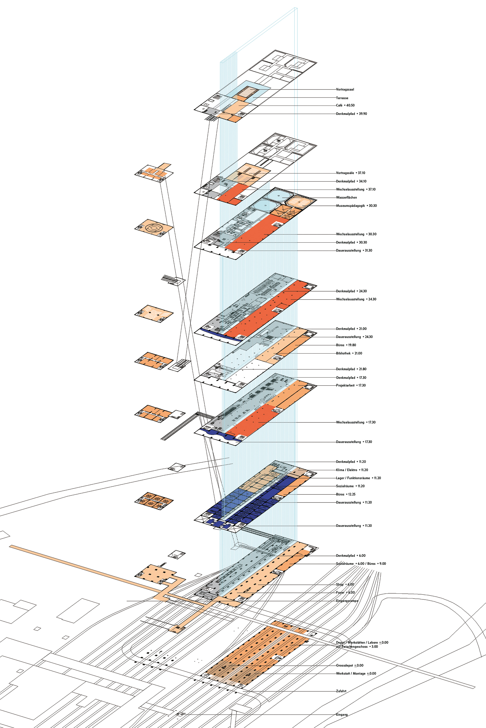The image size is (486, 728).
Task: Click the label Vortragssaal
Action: click(345, 89)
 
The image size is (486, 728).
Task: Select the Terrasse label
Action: click(342, 98)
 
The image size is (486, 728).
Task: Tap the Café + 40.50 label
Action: click(345, 105)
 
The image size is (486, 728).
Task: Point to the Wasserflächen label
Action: click(346, 198)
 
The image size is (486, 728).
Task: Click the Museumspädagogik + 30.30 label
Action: click(356, 206)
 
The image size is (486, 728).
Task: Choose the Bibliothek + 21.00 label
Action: click(349, 353)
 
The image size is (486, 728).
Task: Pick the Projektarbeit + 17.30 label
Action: click(350, 386)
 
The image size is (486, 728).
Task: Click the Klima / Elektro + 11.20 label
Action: click(352, 470)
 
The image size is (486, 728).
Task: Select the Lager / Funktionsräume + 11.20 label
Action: click(358, 478)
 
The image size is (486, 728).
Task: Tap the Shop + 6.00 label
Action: click(345, 585)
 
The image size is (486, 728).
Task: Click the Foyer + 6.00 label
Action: click(345, 593)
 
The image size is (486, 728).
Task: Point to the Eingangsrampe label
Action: click(347, 601)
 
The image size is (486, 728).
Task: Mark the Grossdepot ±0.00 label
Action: click(350, 665)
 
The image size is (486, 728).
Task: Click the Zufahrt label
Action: click(341, 691)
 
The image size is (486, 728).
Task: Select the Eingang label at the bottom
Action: click(342, 715)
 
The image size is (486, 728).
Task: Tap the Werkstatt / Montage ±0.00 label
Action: click(356, 673)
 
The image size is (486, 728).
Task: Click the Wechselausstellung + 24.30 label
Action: click(356, 299)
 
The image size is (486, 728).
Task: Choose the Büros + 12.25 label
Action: click(346, 494)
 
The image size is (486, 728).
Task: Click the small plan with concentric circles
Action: click(154, 228)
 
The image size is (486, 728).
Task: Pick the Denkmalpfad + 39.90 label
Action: click(351, 114)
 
